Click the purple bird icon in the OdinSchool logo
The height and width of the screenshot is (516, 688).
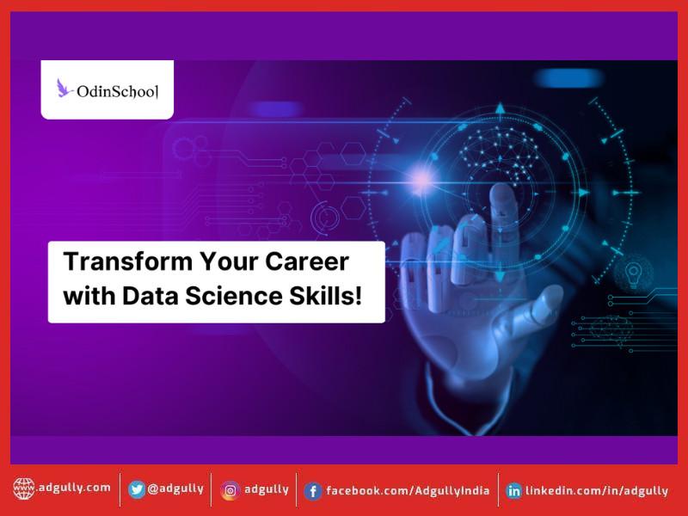tap(64, 88)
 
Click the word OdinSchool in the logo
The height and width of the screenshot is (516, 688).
tap(118, 89)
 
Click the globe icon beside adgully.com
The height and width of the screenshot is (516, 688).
tap(23, 489)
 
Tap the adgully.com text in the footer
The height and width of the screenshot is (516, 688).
tap(74, 488)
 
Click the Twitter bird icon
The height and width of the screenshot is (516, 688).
tap(137, 489)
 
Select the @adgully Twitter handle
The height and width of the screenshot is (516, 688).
tap(175, 488)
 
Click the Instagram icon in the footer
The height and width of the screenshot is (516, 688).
tap(230, 490)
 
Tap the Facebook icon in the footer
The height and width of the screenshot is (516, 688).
tap(313, 491)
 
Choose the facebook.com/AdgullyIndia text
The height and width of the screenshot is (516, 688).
tap(408, 490)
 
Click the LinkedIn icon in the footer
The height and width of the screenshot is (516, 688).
tap(514, 491)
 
